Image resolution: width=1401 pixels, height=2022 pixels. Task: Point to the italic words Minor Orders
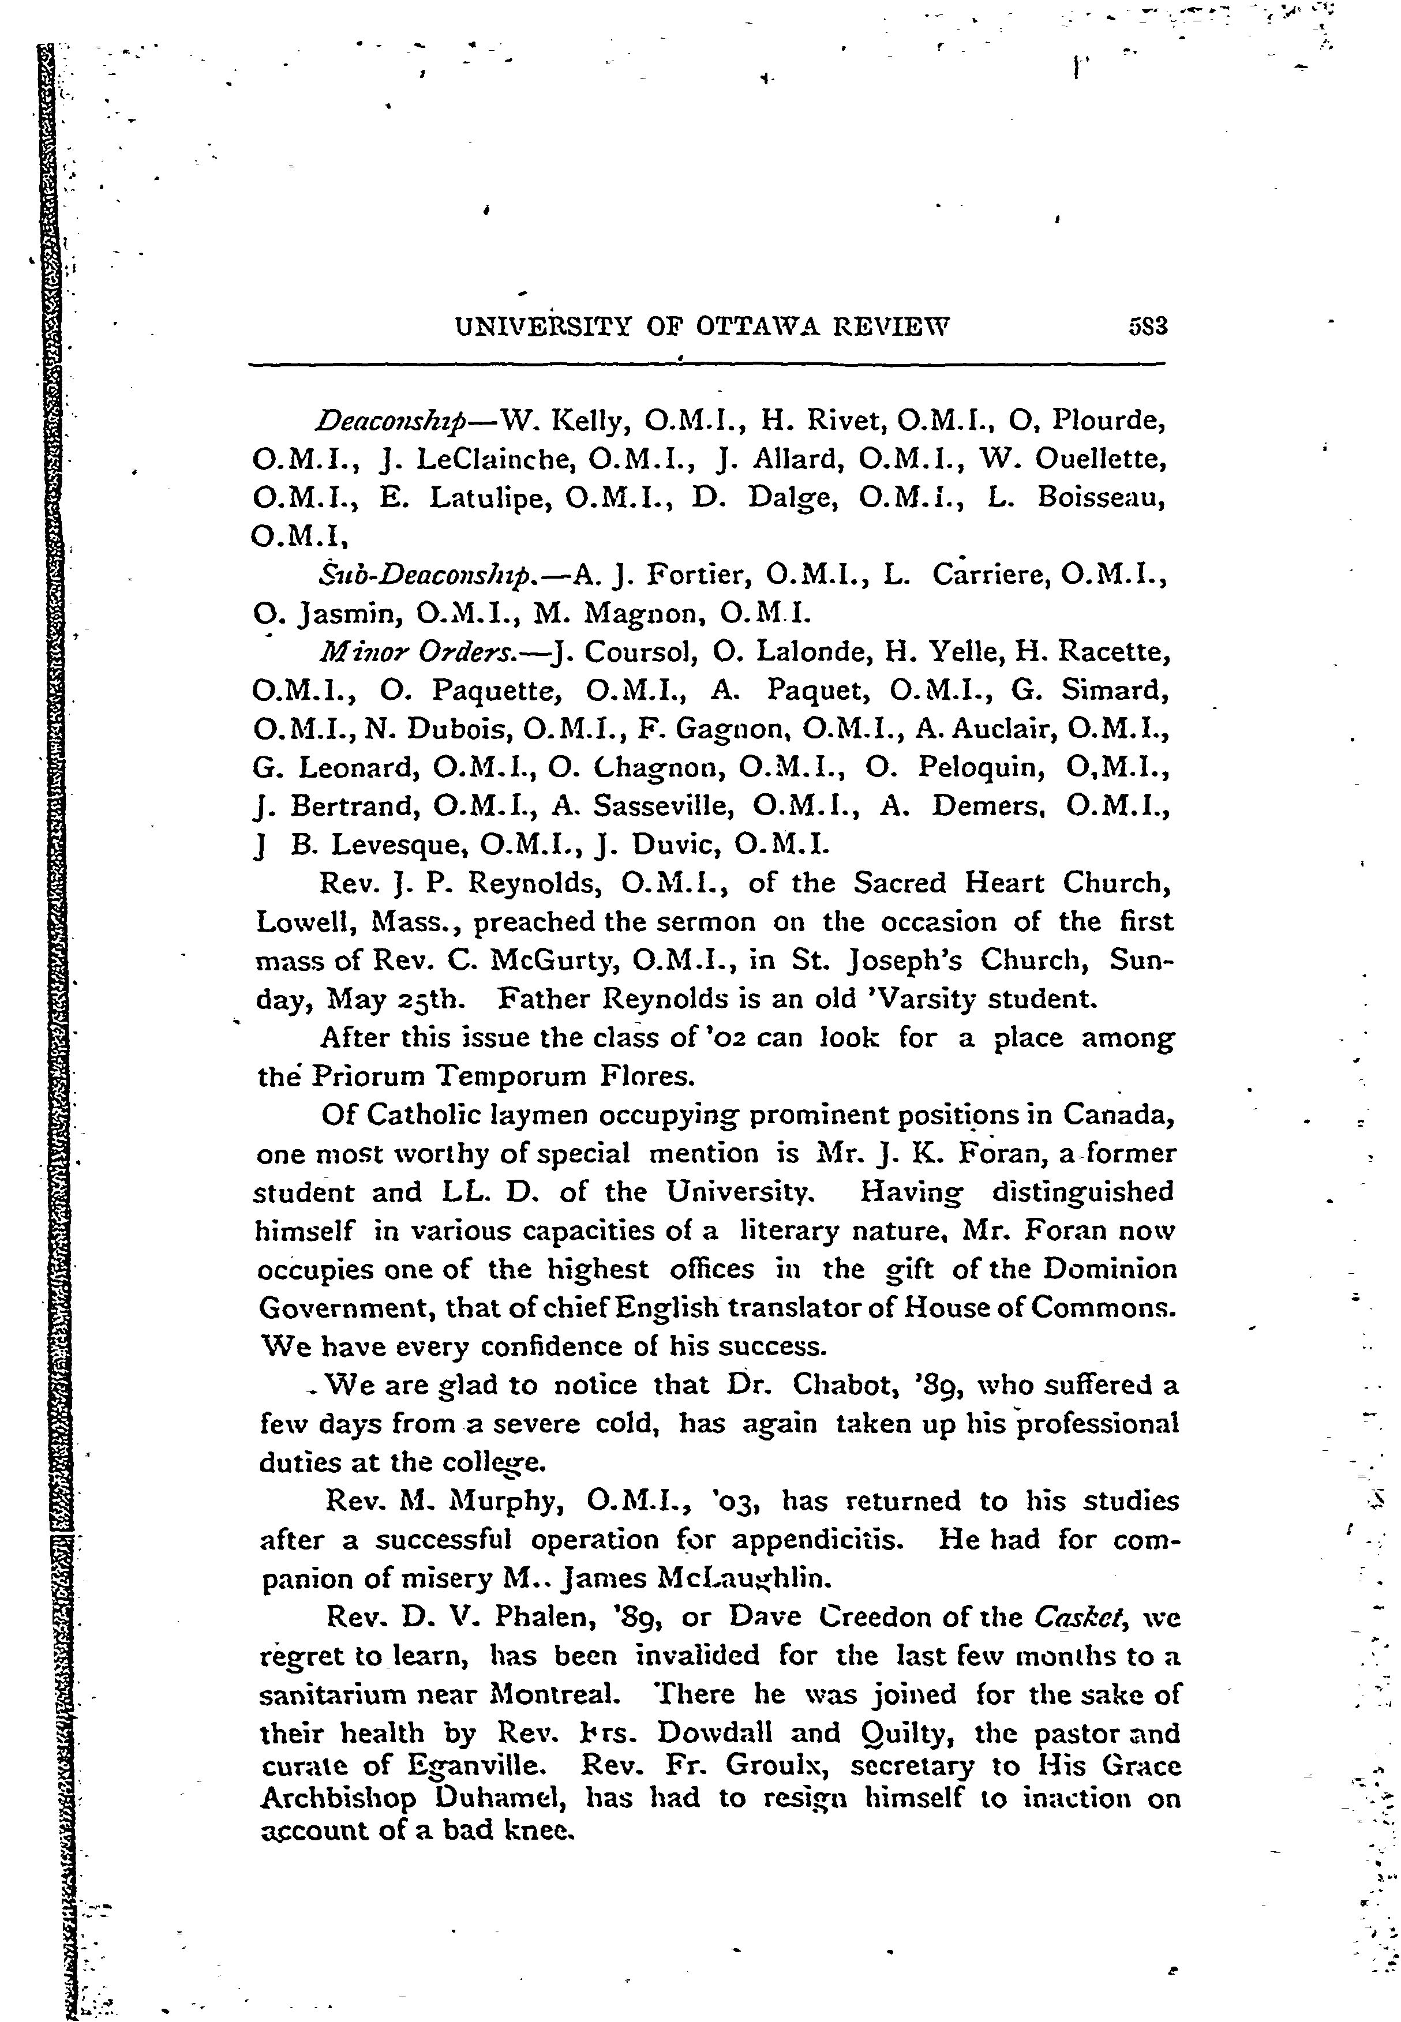point(425,653)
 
